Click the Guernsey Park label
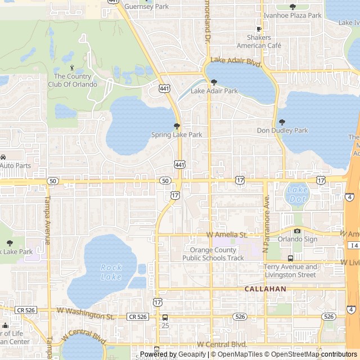[x=146, y=7]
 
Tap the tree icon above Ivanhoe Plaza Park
[x=292, y=7]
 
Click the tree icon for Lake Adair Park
[x=214, y=82]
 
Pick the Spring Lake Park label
[x=177, y=135]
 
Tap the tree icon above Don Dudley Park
[x=282, y=122]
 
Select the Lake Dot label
[x=297, y=194]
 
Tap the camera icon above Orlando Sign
[x=298, y=231]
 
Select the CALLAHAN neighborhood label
[x=265, y=289]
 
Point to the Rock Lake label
[x=111, y=272]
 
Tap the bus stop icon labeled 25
[x=165, y=317]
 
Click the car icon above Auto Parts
[x=3, y=157]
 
